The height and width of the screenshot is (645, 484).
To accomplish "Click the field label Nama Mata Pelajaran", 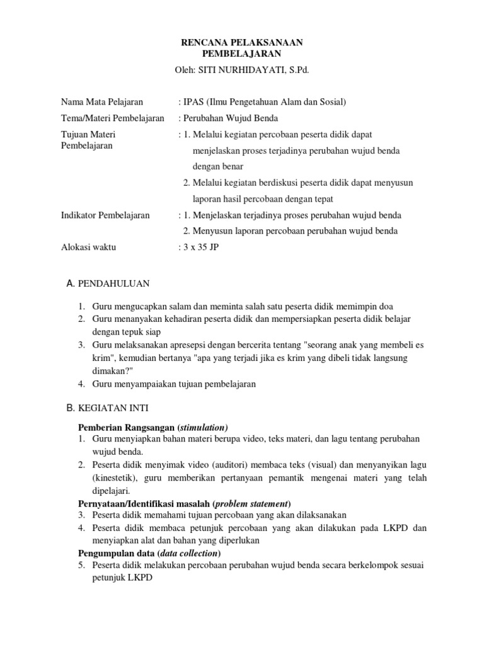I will (102, 101).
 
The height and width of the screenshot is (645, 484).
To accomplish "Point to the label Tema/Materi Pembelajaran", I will (112, 118).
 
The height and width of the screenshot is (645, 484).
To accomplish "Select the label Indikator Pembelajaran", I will (105, 215).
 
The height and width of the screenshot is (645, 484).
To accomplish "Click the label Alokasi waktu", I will (88, 248).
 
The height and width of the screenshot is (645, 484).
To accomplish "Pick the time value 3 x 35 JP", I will (201, 248).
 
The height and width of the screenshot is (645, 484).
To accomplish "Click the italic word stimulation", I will (205, 426).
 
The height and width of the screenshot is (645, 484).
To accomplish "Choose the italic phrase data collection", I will (188, 554).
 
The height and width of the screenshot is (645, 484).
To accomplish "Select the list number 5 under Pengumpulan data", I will (81, 566).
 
